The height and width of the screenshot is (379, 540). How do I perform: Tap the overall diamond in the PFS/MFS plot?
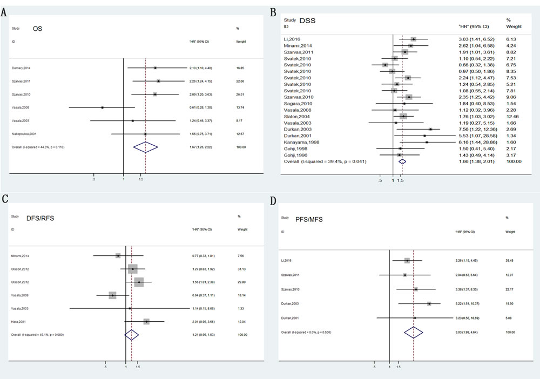coord(414,332)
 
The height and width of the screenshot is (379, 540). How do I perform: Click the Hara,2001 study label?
coord(19,322)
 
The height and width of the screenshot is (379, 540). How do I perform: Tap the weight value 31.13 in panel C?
coord(242,269)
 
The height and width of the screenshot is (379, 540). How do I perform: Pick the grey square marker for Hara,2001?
coord(146,322)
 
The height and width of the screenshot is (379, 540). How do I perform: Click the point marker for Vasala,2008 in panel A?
coord(102,108)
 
